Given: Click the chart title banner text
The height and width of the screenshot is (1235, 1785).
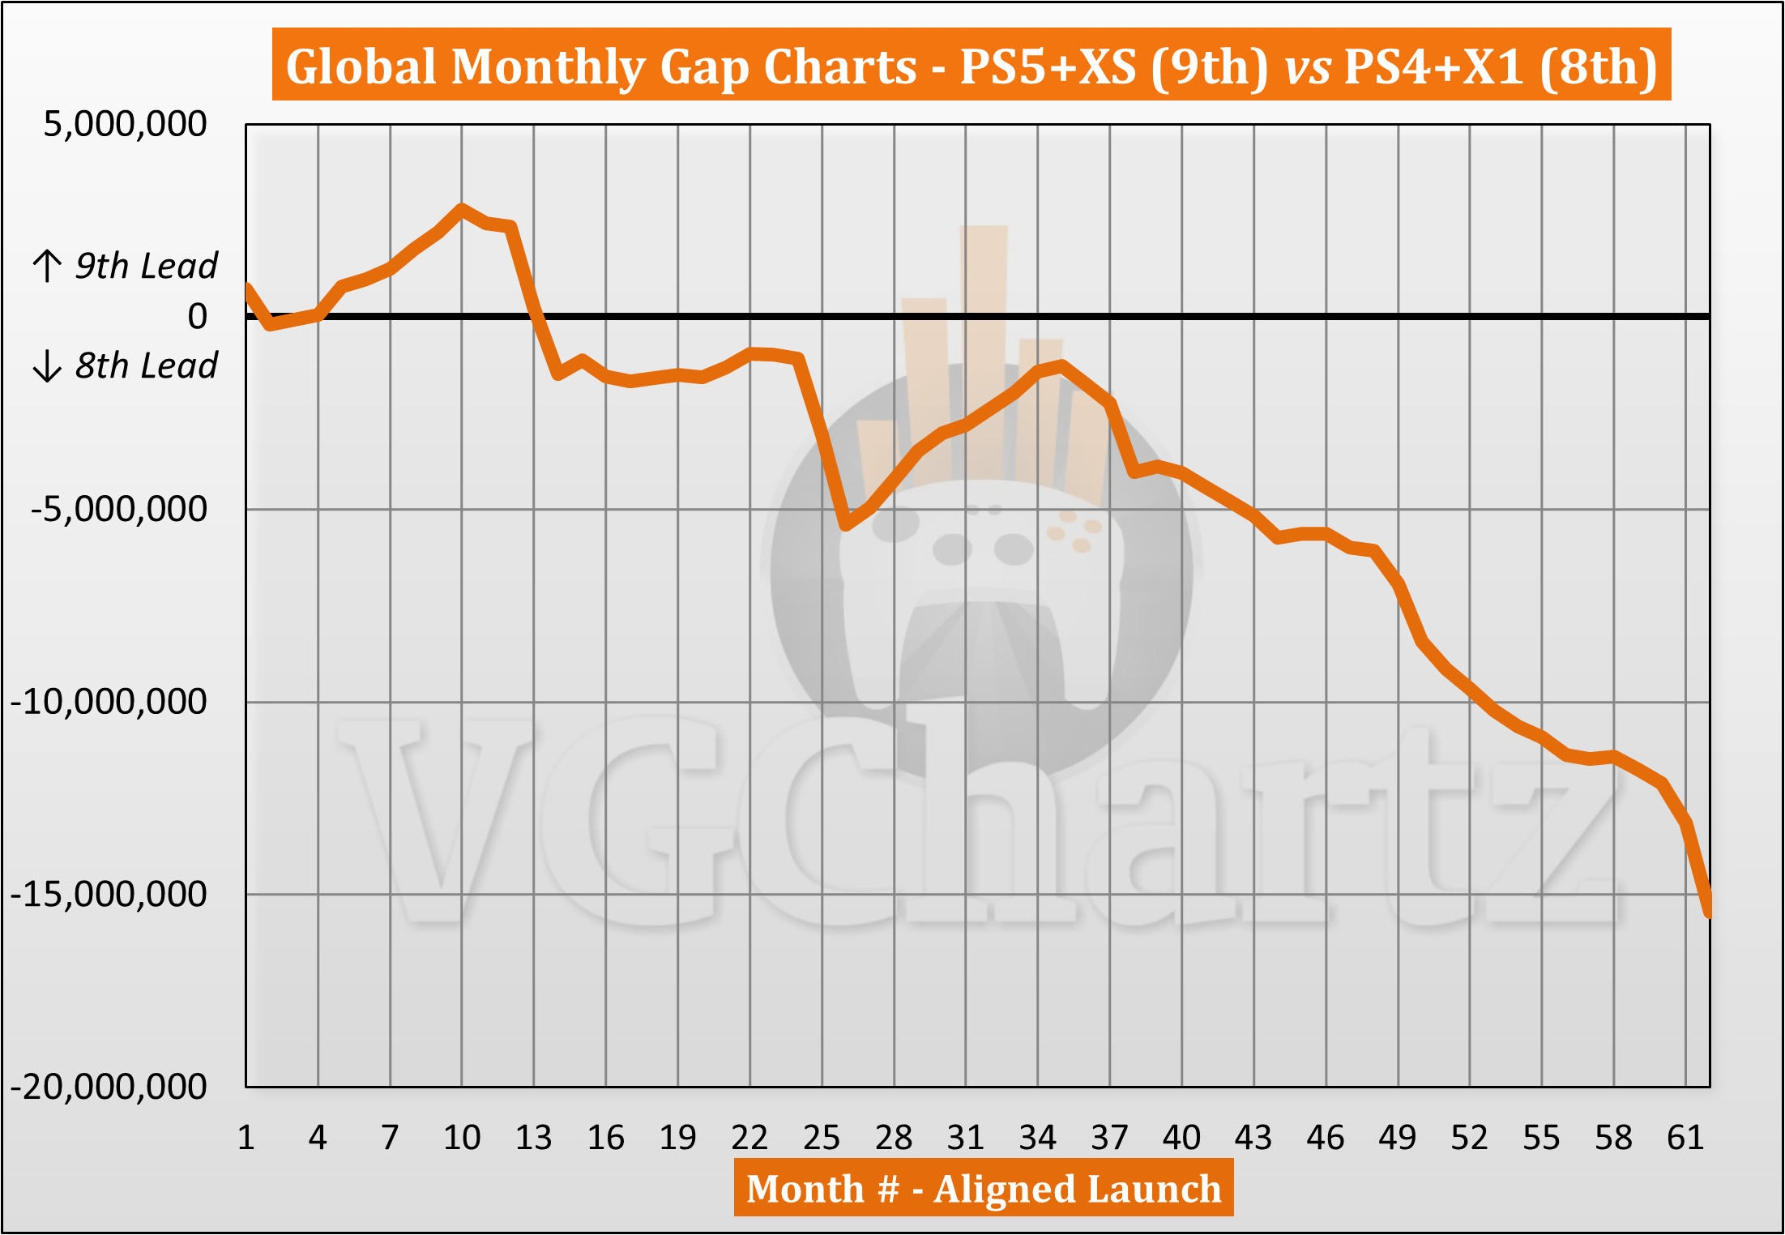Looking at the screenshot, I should coord(971,66).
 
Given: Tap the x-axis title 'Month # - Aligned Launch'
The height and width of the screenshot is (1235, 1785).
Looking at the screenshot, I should coord(983,1189).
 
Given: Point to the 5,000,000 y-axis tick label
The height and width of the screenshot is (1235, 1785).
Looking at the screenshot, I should coord(125,124).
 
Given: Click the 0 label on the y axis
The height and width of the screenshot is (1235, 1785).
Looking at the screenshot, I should coord(197,316).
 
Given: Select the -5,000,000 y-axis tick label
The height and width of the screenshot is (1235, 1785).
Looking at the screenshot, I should coord(118,509).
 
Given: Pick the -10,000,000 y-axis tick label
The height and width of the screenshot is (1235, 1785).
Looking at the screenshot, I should coord(109,701).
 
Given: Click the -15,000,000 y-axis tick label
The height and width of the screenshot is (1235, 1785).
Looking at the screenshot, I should coord(109,894).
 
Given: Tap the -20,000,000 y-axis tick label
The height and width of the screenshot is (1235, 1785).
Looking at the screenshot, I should coord(109,1086).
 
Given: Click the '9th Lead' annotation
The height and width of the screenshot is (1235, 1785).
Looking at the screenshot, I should coord(146,266).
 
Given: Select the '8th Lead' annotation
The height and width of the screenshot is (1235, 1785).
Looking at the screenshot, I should coord(146,365).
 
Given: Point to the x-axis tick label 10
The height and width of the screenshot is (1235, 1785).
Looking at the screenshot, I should coord(462,1138).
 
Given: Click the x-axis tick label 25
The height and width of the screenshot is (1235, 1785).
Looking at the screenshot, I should coord(822,1138).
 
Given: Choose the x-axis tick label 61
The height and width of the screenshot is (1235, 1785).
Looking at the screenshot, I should coord(1685,1138).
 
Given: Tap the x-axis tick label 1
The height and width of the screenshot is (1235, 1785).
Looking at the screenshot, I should coord(246,1138).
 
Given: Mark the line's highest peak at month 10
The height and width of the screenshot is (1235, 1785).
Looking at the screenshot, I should coord(462,208).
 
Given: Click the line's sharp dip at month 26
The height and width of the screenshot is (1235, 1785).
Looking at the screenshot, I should coord(845,525).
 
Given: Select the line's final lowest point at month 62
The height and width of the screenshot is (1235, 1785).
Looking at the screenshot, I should coord(1709,912).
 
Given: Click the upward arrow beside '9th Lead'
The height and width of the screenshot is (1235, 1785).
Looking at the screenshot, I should coord(47,266).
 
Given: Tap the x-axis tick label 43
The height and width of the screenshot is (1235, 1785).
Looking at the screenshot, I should coord(1253,1138).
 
